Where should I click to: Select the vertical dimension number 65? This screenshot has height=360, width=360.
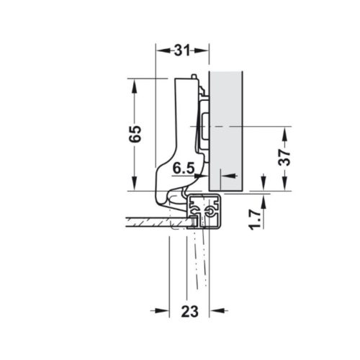point(135,133)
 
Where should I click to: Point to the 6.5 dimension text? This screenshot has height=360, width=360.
point(184,168)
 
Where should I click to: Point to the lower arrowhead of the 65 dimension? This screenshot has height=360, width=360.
point(135,186)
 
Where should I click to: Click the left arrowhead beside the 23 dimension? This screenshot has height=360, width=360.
point(163,310)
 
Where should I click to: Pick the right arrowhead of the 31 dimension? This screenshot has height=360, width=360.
point(204,51)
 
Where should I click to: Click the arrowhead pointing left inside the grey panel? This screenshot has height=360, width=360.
point(225,175)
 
